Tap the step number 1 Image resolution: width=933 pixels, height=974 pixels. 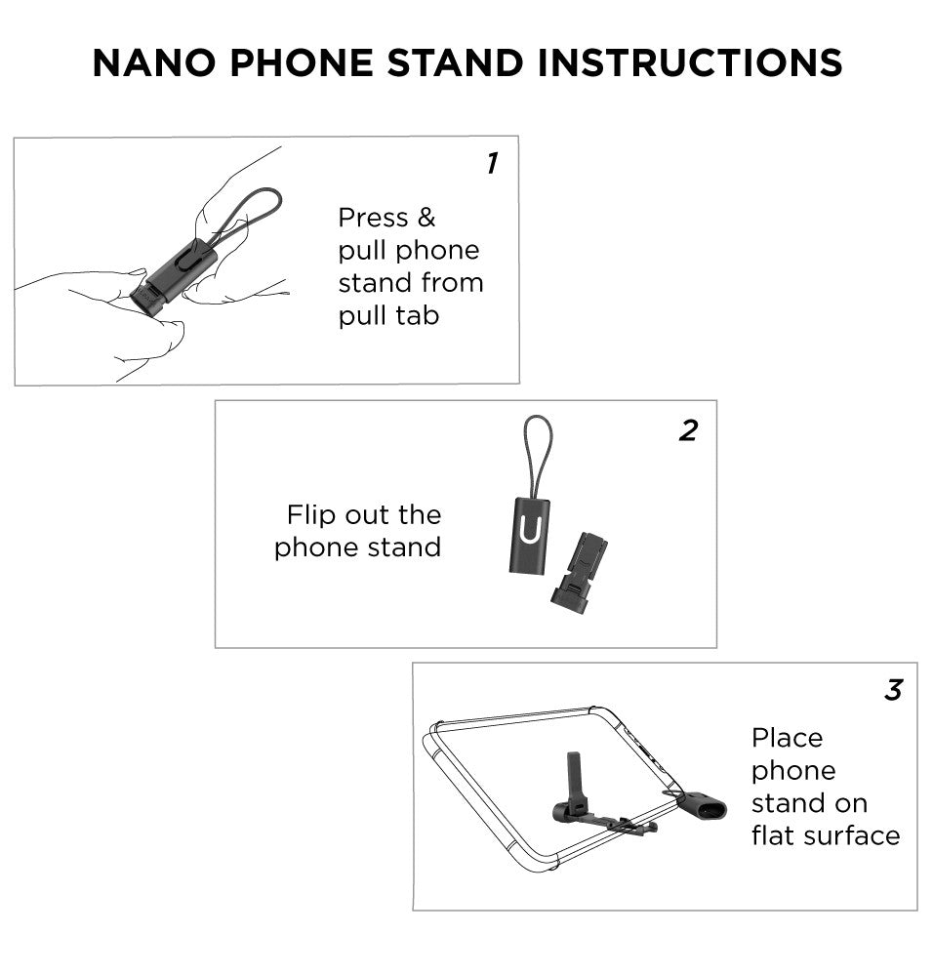pos(492,164)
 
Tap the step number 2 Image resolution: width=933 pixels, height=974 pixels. pos(688,430)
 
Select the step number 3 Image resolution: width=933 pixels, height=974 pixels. pos(892,691)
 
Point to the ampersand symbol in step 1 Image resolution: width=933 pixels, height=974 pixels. pos(426,217)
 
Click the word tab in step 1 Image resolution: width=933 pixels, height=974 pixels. pos(416,315)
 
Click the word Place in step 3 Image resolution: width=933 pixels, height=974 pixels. pos(787,737)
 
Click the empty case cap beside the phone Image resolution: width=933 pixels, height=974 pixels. pos(701,806)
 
